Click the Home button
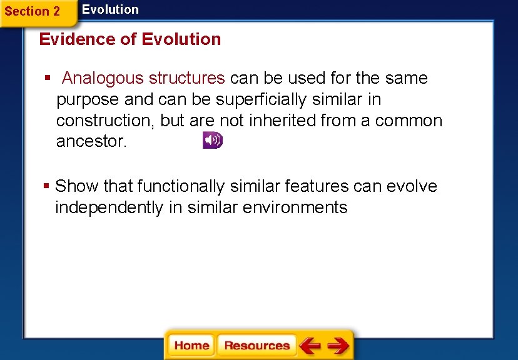point(191,346)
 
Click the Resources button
point(257,346)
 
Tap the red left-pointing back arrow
point(310,346)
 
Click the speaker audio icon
point(212,141)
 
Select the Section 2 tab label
point(33,11)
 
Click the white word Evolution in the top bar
point(110,9)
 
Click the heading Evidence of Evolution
point(130,39)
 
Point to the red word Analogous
point(103,79)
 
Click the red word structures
point(186,79)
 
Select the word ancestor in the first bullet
point(91,142)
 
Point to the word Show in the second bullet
point(77,186)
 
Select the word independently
point(109,207)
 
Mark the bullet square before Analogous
point(47,79)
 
